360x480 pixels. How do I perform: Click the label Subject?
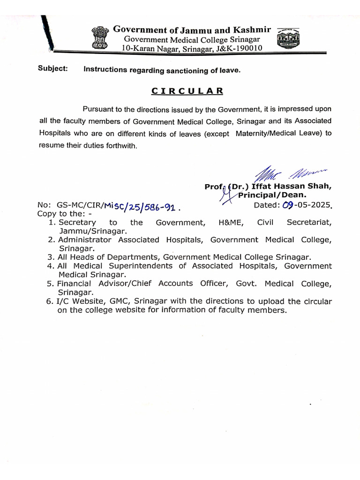click(52, 69)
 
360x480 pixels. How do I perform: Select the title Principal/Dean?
click(273, 195)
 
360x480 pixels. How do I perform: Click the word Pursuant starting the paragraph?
click(99, 109)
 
